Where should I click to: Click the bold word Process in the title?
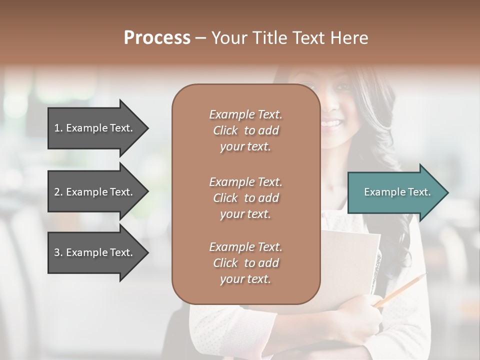pos(157,38)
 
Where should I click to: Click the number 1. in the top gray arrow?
pos(58,128)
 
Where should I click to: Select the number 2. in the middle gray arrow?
pos(58,192)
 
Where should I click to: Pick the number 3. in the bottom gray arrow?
pos(58,252)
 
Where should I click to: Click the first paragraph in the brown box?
pos(245,130)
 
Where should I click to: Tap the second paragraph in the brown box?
pos(245,198)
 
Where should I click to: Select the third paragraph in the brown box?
pos(245,263)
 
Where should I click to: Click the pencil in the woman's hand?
pos(400,290)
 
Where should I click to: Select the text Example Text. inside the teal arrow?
pos(397,192)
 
